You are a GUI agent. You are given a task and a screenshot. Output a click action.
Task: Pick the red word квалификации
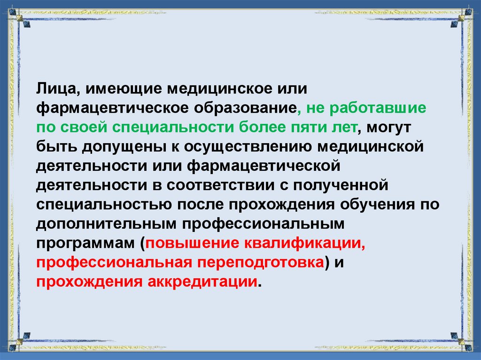304,244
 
